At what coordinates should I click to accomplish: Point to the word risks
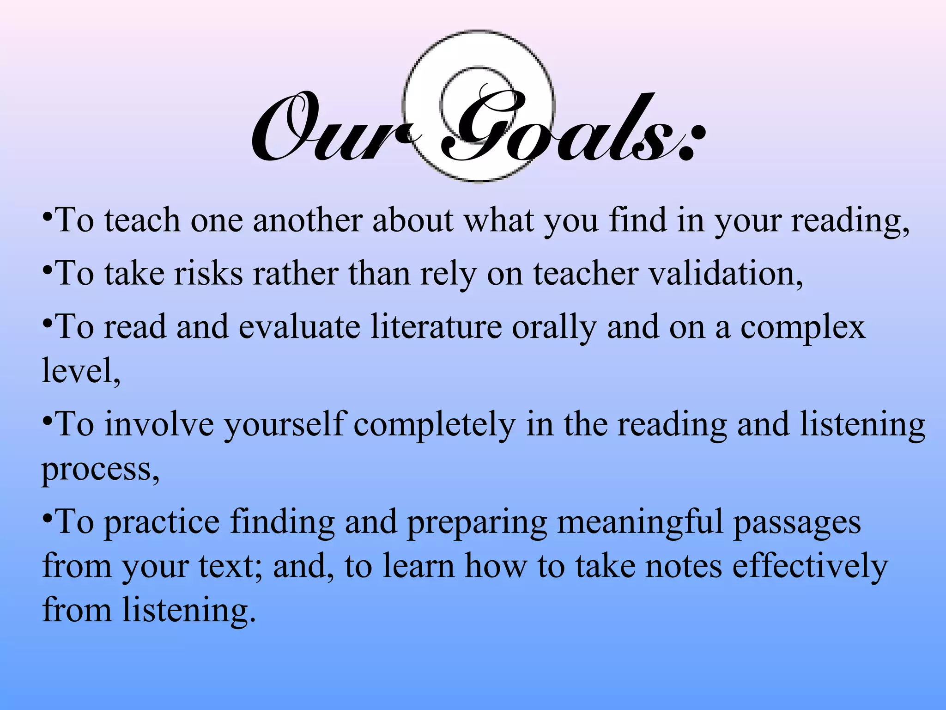click(x=208, y=274)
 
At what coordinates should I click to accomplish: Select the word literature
click(x=436, y=327)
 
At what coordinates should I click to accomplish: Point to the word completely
click(x=434, y=425)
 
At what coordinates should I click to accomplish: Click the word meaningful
click(x=640, y=522)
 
